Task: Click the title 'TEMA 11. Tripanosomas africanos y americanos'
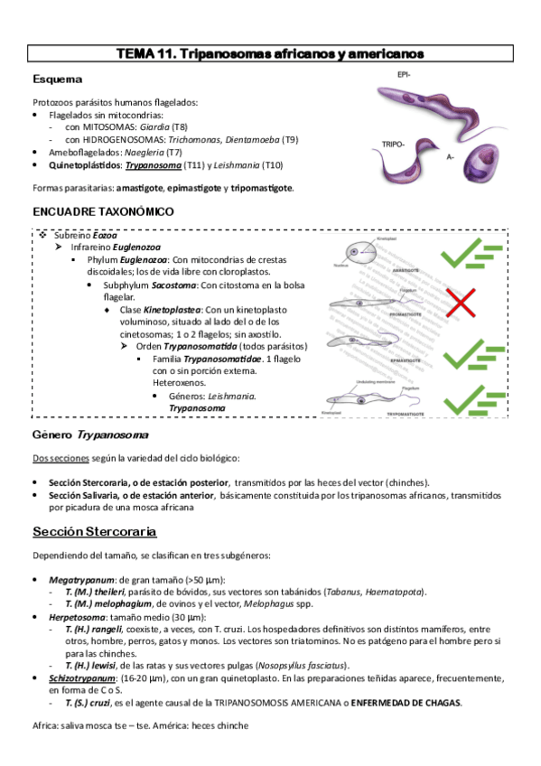270,55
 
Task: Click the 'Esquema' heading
58,79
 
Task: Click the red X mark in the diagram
461,304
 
